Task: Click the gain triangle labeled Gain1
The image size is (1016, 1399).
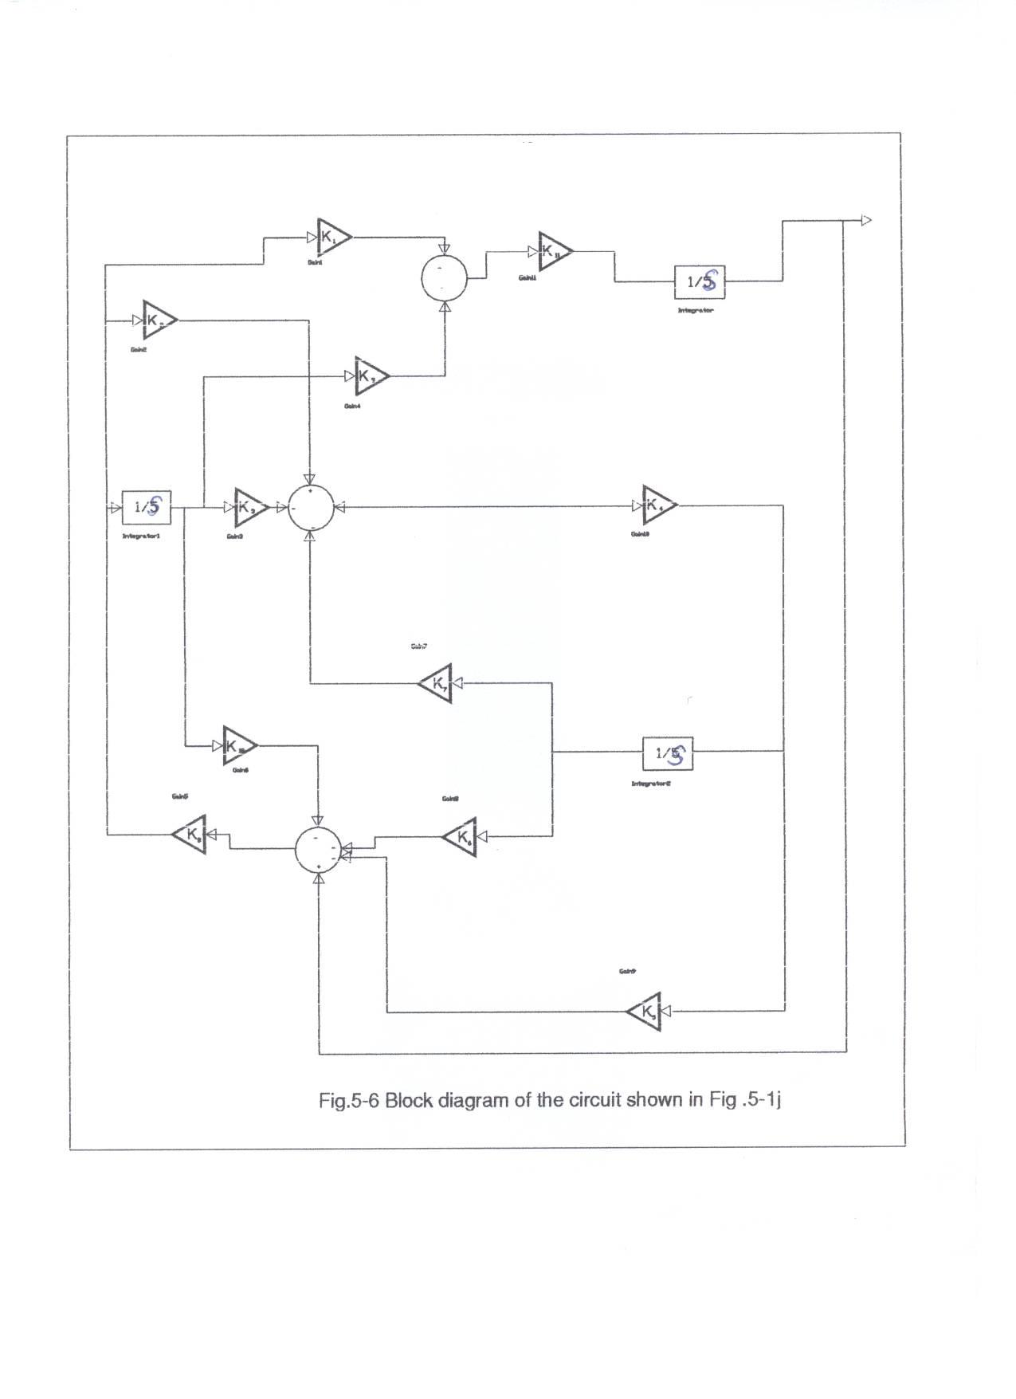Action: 333,237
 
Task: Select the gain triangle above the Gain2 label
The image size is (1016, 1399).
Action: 159,320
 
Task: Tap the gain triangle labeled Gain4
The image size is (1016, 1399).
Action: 371,375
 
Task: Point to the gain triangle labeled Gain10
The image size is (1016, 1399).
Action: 659,505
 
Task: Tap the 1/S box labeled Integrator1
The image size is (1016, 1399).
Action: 147,506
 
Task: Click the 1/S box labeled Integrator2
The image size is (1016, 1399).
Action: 668,753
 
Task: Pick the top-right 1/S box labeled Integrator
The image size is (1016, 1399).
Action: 700,281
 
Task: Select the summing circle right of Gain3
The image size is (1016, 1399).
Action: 312,507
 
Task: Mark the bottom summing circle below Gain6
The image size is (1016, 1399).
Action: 319,850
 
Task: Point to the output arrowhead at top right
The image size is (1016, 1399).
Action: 867,221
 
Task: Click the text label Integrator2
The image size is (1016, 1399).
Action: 652,784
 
